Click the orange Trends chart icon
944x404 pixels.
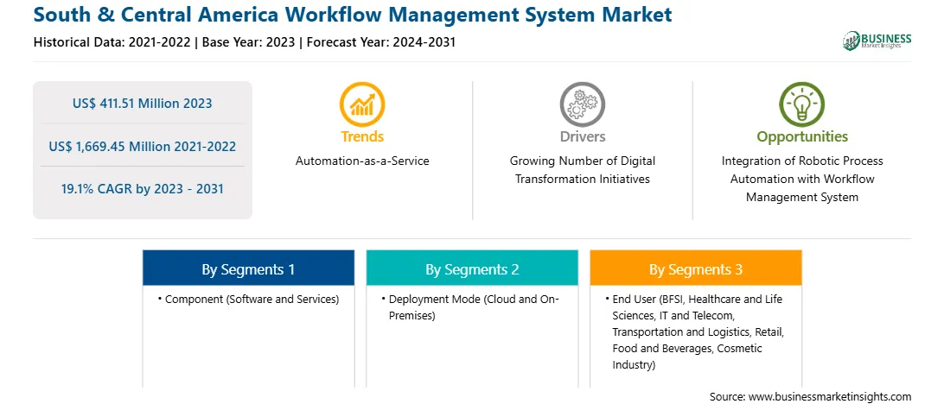[x=362, y=104]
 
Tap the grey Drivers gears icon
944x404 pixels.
[x=582, y=104]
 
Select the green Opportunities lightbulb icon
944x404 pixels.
[x=802, y=104]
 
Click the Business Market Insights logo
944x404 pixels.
[x=877, y=41]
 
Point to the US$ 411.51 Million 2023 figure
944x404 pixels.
[x=142, y=104]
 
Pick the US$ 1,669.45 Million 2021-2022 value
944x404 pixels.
[x=142, y=146]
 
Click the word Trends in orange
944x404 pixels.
[x=362, y=136]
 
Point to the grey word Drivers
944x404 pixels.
[x=583, y=136]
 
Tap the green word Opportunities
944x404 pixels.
[x=802, y=136]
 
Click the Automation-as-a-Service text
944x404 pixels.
[x=362, y=161]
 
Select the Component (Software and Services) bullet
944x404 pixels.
[x=248, y=299]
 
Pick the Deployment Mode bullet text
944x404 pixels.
[x=471, y=306]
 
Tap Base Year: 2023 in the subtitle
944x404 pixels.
[x=249, y=42]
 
